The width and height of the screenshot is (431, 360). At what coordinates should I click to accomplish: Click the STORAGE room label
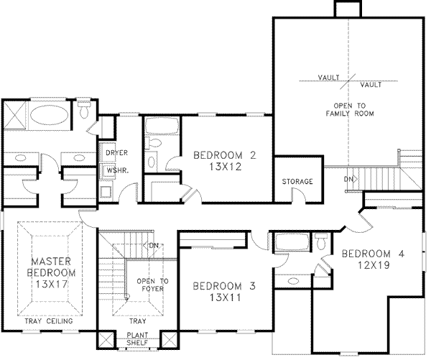297,182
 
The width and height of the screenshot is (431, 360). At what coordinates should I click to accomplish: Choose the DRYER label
116,153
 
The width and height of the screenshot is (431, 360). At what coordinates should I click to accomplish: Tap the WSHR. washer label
116,170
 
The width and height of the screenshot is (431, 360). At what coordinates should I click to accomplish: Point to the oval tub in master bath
50,115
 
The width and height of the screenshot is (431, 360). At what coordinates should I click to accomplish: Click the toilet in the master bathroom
83,111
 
